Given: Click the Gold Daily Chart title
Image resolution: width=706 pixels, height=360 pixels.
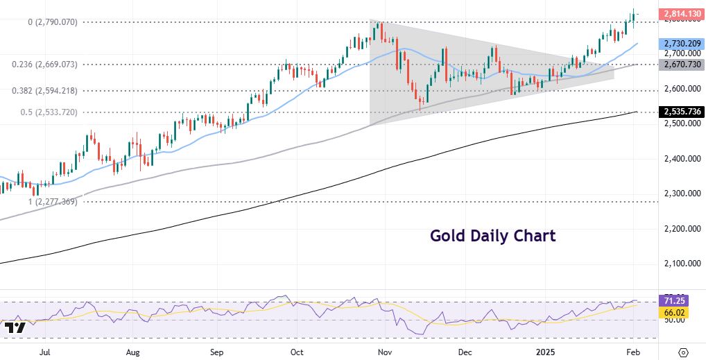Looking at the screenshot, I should (492, 236).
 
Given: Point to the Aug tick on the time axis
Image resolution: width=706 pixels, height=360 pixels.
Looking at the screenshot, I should (135, 352).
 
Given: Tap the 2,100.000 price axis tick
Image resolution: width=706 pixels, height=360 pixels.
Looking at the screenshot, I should (679, 264).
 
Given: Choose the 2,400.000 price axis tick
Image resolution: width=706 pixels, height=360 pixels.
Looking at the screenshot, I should (679, 159).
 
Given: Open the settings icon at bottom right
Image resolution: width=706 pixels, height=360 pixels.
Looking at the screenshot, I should (683, 352).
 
